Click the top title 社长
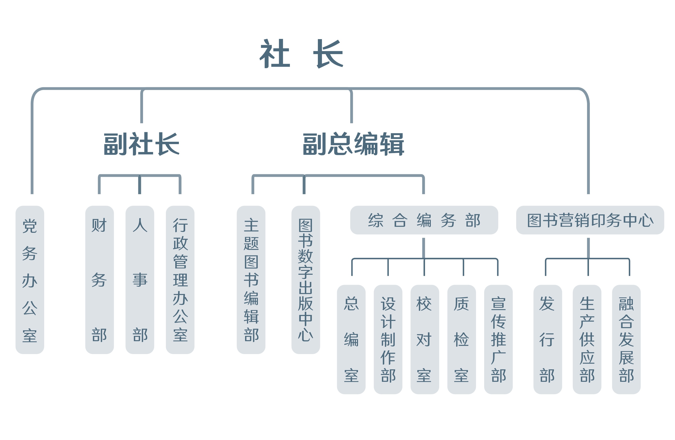tap(301, 53)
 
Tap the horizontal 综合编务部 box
tap(424, 220)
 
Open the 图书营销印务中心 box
tap(590, 220)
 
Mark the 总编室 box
tap(351, 340)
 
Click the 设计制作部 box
tap(388, 340)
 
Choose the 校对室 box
tap(425, 340)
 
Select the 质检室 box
tap(462, 340)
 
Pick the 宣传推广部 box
tap(498, 340)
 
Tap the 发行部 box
tap(547, 340)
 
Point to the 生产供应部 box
tap(587, 340)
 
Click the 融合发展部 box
tap(626, 340)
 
